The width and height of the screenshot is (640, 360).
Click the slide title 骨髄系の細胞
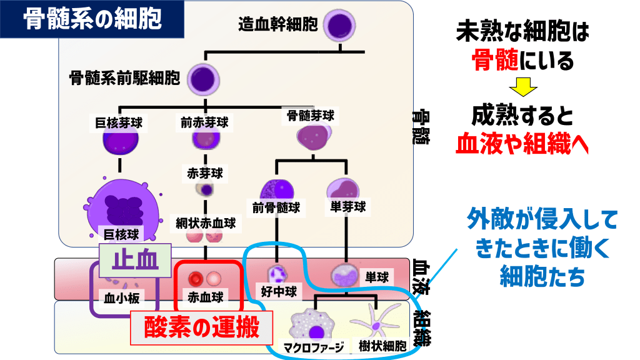click(x=92, y=19)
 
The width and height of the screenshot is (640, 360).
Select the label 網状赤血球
click(x=206, y=222)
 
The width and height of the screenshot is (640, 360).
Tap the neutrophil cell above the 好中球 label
click(x=276, y=274)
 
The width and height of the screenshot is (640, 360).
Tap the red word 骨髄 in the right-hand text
click(x=492, y=61)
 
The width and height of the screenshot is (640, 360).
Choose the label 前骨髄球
click(x=276, y=207)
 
